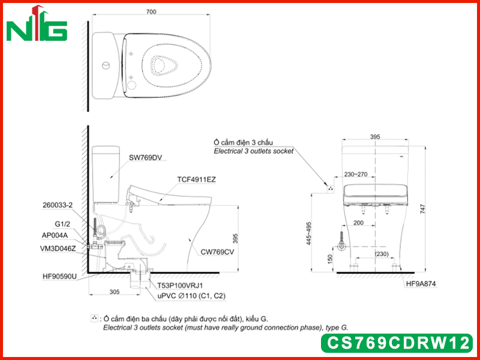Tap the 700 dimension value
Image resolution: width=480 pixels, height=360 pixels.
pos(151,11)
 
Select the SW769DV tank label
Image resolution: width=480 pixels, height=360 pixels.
pos(145,158)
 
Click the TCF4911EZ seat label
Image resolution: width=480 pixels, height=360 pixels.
pos(196,179)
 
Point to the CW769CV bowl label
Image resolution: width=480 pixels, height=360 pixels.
pos(217,252)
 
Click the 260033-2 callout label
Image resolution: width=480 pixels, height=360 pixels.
pos(58,205)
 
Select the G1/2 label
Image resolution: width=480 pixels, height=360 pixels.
pos(62,224)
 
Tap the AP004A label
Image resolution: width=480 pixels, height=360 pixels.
pos(55,235)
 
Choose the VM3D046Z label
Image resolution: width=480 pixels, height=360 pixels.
pos(58,249)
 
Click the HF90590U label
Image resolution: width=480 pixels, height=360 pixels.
pos(59,277)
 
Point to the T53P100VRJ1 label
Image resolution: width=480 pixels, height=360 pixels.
pos(180,286)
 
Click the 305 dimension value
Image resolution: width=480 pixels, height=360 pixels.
pos(115,292)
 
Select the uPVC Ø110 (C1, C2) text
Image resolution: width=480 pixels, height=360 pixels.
pos(191,296)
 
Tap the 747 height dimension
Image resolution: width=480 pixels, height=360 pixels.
pos(423,209)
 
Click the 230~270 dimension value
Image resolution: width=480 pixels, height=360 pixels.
pos(356,175)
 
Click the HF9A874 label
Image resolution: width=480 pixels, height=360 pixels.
pos(421,284)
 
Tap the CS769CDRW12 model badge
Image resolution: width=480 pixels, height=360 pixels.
pos(397,343)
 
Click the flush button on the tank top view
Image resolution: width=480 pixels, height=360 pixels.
pos(106,65)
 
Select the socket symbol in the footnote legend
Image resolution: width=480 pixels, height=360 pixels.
pos(94,319)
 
